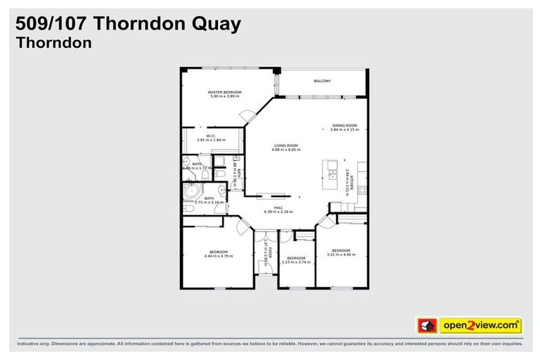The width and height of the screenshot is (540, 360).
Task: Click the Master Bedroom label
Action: pos(224,92)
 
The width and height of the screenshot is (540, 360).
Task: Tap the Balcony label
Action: pos(322,81)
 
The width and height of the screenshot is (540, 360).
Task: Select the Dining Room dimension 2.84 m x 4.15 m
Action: pos(345,130)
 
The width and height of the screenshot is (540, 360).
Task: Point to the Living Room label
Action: pos(286,146)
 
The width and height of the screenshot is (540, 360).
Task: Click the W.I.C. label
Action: pos(210,136)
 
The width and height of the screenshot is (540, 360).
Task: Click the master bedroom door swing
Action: pos(245,115)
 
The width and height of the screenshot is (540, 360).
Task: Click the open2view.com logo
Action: pos(480,325)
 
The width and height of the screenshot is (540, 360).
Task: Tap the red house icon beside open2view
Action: pos(426,325)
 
